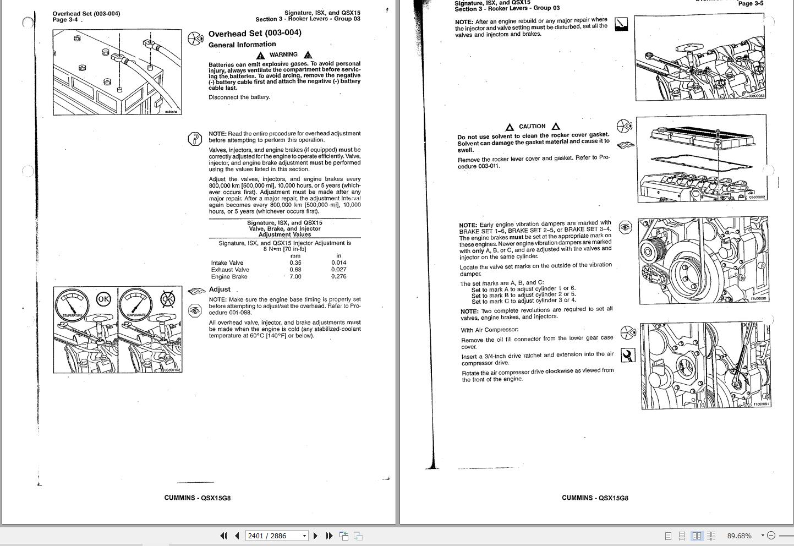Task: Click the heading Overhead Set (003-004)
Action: pos(255,33)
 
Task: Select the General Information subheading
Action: pos(242,45)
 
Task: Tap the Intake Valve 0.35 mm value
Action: pos(295,263)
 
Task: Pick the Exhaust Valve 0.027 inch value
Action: pos(339,270)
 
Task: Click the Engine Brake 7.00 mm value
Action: pos(295,276)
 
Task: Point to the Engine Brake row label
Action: pos(229,276)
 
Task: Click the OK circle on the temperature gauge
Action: pos(103,299)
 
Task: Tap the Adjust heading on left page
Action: pos(220,289)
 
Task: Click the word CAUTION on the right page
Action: pos(532,126)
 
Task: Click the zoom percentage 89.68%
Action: pos(739,536)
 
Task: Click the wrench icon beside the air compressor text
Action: pos(627,356)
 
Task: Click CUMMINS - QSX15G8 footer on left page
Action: pos(197,498)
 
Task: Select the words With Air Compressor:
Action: pos(490,330)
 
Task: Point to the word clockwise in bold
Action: pos(559,371)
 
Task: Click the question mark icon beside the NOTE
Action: pos(195,139)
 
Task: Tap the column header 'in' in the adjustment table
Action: pos(338,255)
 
